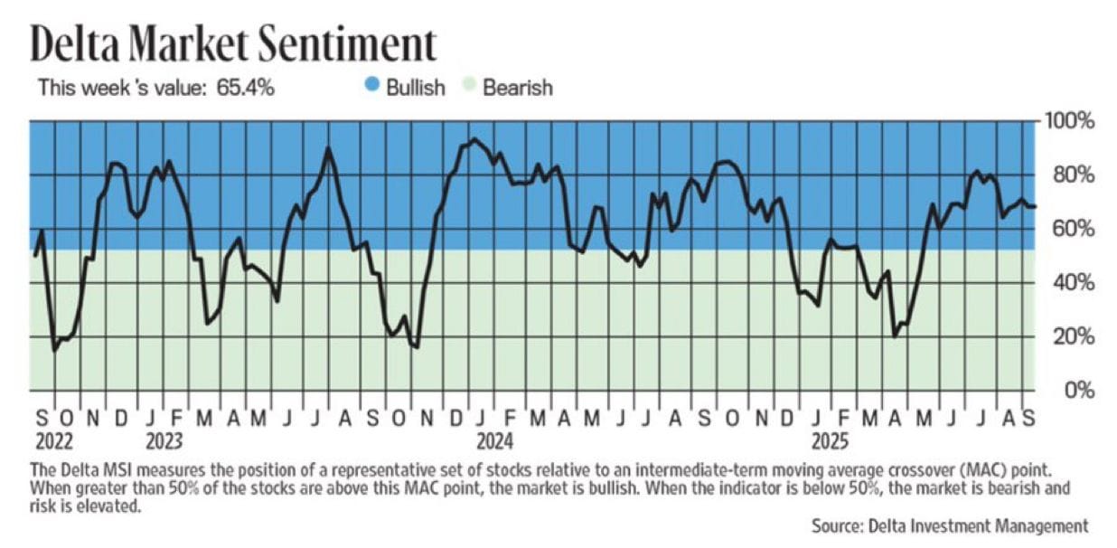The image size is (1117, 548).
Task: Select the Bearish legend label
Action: point(517,88)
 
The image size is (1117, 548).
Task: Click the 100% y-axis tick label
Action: point(1070,121)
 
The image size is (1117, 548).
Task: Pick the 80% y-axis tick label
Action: point(1070,175)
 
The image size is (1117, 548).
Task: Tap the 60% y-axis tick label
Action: point(1070,229)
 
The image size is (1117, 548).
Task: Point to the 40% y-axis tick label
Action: point(1070,283)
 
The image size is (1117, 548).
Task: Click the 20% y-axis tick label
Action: point(1070,337)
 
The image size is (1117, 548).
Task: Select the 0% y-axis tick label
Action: point(1075,392)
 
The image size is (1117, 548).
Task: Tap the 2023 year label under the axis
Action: point(163,442)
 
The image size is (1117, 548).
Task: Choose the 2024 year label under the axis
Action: point(493,442)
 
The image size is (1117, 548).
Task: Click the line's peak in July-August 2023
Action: point(327,147)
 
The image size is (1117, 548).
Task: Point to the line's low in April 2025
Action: point(895,336)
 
